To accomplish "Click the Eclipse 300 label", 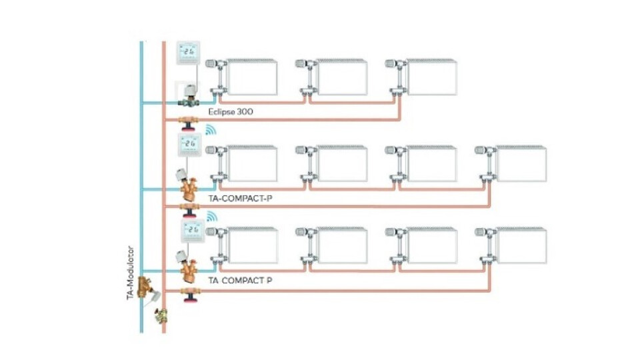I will pyautogui.click(x=231, y=112).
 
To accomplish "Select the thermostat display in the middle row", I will pyautogui.click(x=189, y=144).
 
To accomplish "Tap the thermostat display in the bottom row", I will pyautogui.click(x=189, y=230).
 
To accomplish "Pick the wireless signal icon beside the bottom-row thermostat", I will pyautogui.click(x=211, y=217).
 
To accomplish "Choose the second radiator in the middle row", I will pyautogui.click(x=341, y=164).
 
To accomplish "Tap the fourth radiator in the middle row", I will pyautogui.click(x=521, y=164).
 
